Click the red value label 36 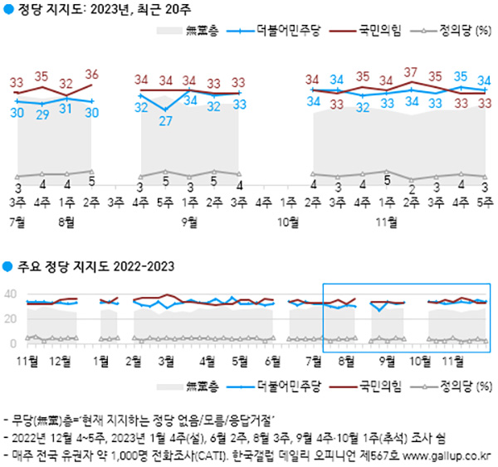(92, 74)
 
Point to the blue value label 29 (42, 114)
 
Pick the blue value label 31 (67, 109)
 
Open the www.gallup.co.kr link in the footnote (448, 455)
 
